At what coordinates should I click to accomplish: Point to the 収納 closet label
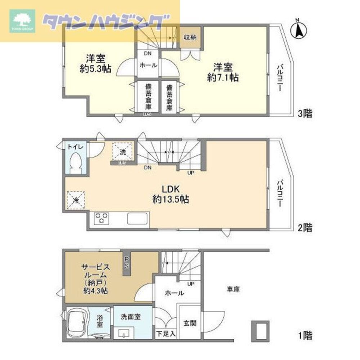[x=190, y=37]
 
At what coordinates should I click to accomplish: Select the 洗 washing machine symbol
[x=123, y=152]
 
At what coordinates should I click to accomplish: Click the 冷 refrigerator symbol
[x=76, y=200]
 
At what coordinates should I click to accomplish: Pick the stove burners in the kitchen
[x=101, y=218]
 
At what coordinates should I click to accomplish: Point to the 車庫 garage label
[x=233, y=289]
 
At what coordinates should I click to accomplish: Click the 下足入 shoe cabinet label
[x=166, y=334]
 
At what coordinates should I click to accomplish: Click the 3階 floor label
[x=305, y=114]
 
